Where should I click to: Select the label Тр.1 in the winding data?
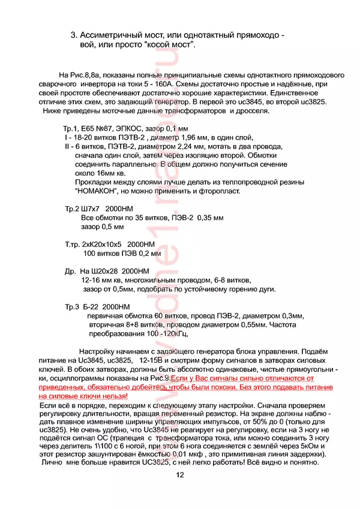pyautogui.click(x=71, y=129)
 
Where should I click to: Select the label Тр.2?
pyautogui.click(x=73, y=209)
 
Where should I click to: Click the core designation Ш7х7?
pyautogui.click(x=96, y=209)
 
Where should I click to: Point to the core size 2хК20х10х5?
pyautogui.click(x=101, y=245)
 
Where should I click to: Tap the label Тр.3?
pyautogui.click(x=73, y=307)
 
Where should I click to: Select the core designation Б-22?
pyautogui.click(x=91, y=307)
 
